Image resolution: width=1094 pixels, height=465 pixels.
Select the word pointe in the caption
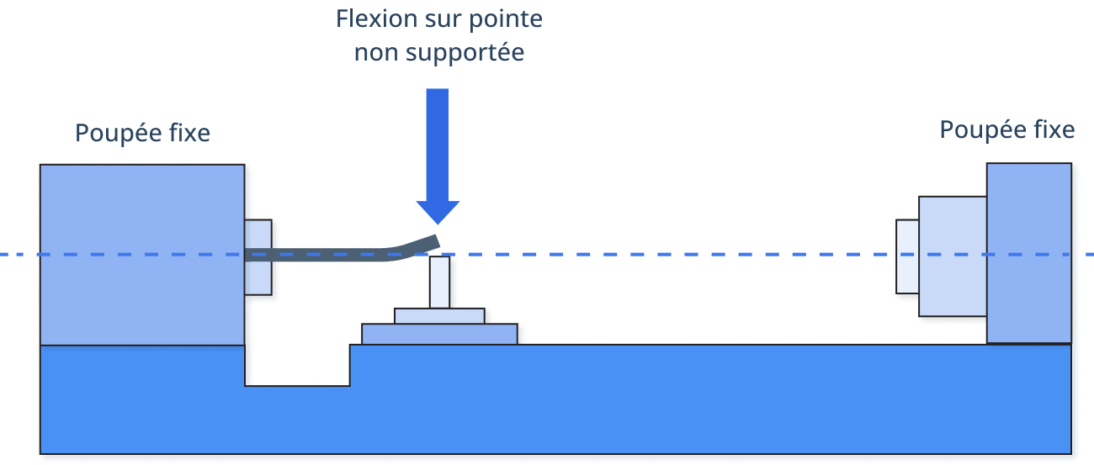[x=511, y=19]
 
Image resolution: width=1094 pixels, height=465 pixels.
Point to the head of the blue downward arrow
[x=438, y=212]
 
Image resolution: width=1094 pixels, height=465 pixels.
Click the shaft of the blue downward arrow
[x=438, y=143]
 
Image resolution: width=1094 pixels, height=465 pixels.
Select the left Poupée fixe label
[x=143, y=133]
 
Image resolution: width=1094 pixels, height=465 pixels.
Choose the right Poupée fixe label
[x=1006, y=129]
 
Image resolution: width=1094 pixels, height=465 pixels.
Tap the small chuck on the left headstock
[x=258, y=256]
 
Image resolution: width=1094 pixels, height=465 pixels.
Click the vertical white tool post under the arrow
[x=439, y=283]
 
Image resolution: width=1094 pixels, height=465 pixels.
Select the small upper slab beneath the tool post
[x=439, y=316]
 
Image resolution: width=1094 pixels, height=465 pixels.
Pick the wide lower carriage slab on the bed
[x=439, y=334]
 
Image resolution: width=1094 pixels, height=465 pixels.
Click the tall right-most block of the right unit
[x=1028, y=252]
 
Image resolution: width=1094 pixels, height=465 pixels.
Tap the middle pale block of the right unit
[x=952, y=256]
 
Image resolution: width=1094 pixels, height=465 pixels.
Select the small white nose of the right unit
[x=907, y=256]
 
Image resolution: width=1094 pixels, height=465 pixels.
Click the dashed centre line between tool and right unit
[x=673, y=254]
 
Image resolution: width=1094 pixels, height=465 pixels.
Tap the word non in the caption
[x=373, y=52]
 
